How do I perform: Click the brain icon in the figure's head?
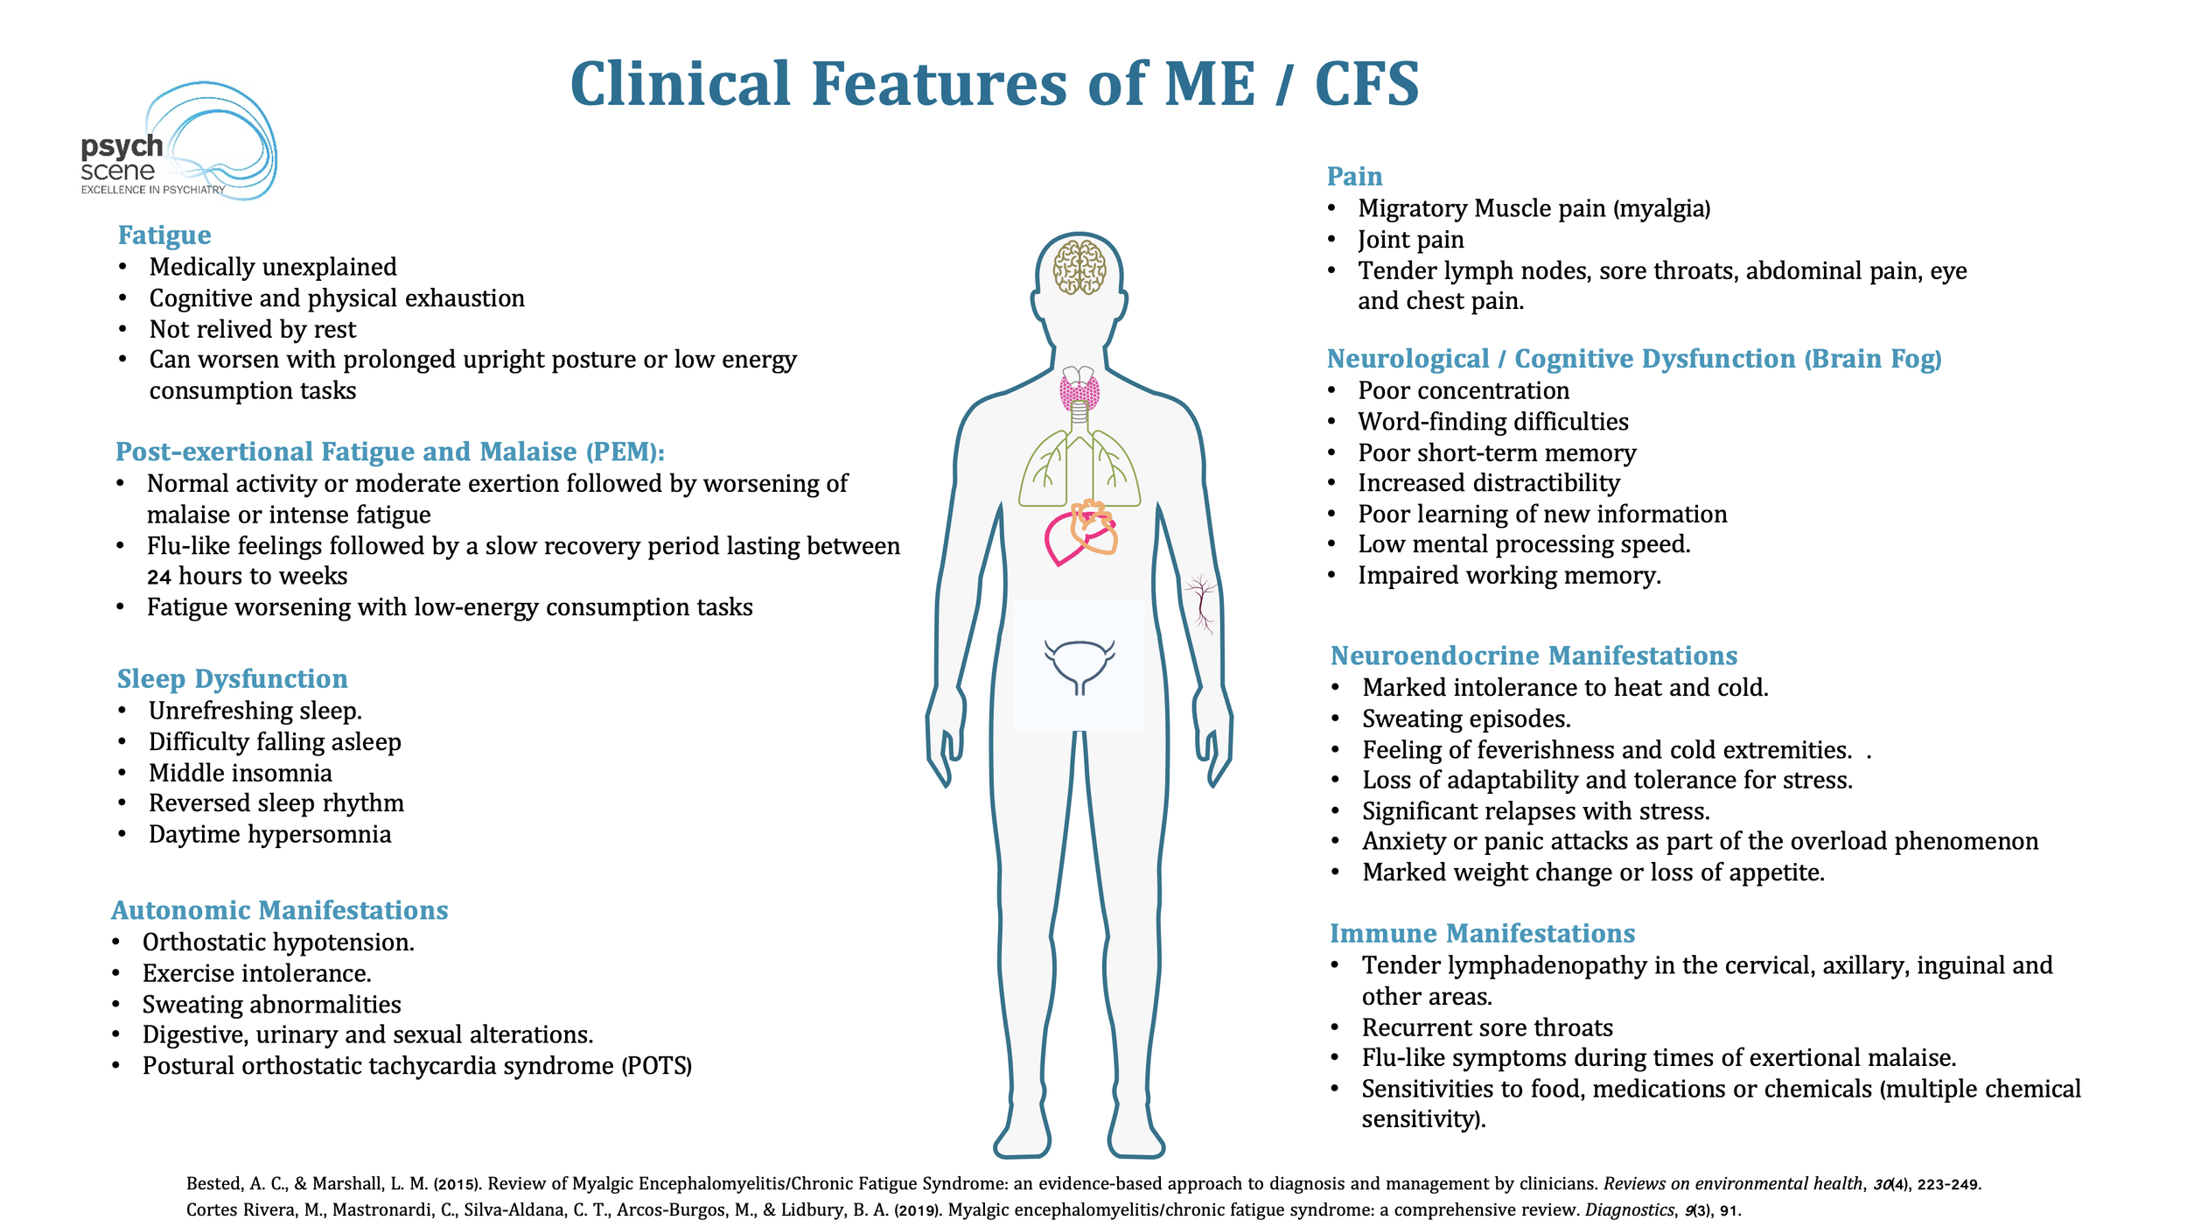pyautogui.click(x=1080, y=267)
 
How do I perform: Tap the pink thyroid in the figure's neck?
pyautogui.click(x=1080, y=391)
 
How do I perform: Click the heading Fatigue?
pyautogui.click(x=164, y=235)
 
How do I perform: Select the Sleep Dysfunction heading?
pyautogui.click(x=233, y=679)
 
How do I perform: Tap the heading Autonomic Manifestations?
pyautogui.click(x=279, y=910)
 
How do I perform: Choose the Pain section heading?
pyautogui.click(x=1354, y=177)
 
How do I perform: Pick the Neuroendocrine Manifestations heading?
pyautogui.click(x=1534, y=656)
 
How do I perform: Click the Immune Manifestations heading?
pyautogui.click(x=1482, y=933)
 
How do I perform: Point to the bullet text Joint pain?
pyautogui.click(x=1410, y=240)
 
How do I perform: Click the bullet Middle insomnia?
pyautogui.click(x=241, y=773)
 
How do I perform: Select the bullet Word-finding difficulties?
pyautogui.click(x=1492, y=422)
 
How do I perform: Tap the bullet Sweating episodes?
pyautogui.click(x=1466, y=719)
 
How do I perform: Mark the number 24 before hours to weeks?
pyautogui.click(x=158, y=577)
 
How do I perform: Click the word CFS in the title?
pyautogui.click(x=1366, y=85)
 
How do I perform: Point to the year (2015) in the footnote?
pyautogui.click(x=457, y=1184)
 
